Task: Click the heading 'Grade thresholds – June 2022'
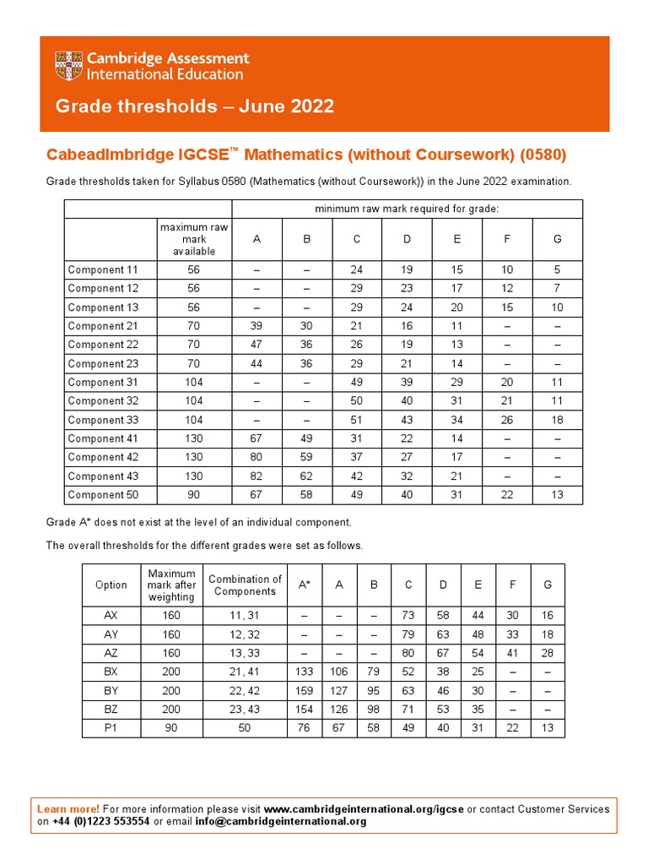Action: click(195, 106)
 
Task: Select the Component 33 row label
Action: click(102, 420)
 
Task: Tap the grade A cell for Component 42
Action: click(256, 457)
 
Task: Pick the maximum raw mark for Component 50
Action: click(194, 494)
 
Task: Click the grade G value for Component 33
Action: click(557, 420)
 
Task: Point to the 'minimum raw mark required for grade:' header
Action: click(406, 209)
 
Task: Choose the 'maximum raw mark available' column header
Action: click(194, 239)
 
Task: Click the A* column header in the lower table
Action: click(305, 585)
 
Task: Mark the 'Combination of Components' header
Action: click(245, 585)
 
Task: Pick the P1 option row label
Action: click(111, 727)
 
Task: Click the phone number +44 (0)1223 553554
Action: click(101, 821)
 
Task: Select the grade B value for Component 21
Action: click(307, 326)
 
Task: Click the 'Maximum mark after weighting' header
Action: click(171, 585)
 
